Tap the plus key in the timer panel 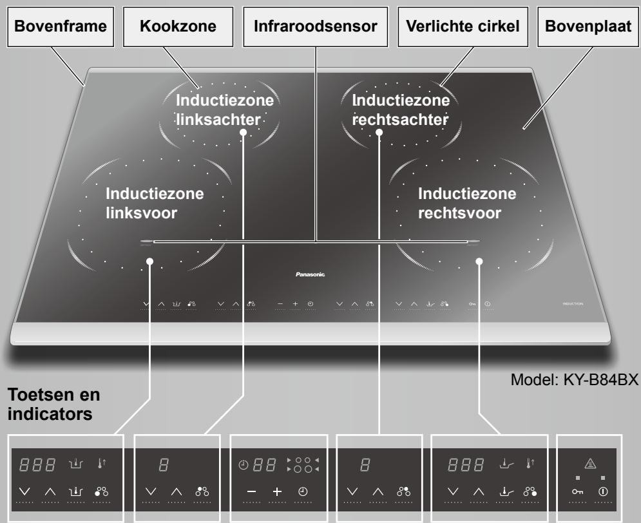coord(278,491)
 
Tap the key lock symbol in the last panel coord(577,491)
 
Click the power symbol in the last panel coord(603,491)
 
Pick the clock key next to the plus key coord(303,491)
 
